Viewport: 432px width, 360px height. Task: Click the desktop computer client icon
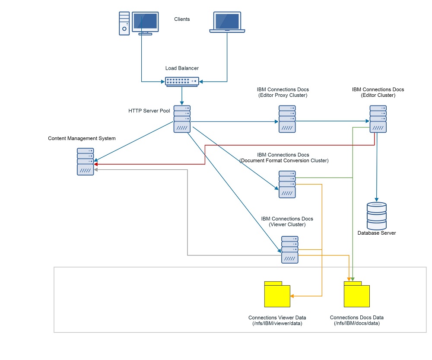[x=138, y=23]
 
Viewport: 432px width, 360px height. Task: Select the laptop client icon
[x=227, y=22]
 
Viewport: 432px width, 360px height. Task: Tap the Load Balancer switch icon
[x=182, y=81]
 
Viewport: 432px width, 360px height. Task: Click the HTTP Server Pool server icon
[x=182, y=119]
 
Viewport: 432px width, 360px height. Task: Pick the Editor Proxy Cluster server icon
[x=287, y=119]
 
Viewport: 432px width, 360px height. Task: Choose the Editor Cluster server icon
[x=378, y=119]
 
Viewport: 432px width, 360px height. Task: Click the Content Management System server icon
[x=86, y=161]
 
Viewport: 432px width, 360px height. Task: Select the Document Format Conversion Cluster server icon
[x=287, y=184]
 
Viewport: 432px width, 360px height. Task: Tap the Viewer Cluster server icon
[x=290, y=249]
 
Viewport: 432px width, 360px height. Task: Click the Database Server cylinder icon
[x=376, y=216]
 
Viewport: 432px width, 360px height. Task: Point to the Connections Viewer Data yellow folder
[x=277, y=294]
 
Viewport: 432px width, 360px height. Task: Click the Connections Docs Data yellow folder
[x=356, y=294]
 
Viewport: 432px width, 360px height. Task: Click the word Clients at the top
[x=182, y=19]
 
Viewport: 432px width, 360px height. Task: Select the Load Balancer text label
[x=182, y=68]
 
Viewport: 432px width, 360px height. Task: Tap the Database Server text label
[x=376, y=233]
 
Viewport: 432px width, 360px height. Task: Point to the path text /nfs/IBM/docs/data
[x=356, y=323]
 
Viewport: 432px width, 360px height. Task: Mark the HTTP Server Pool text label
[x=149, y=111]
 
